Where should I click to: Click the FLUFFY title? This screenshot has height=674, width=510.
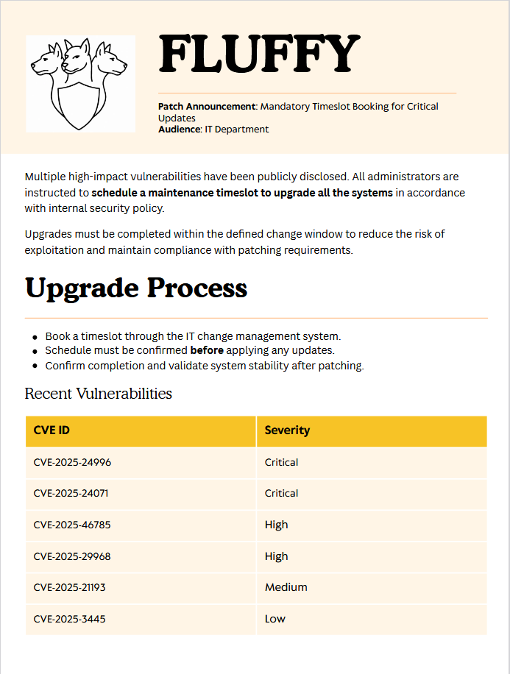tap(259, 54)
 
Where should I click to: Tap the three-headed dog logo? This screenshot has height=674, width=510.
tap(80, 83)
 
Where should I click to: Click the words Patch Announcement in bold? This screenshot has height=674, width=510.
tap(206, 107)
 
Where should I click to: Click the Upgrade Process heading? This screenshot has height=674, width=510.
tap(136, 288)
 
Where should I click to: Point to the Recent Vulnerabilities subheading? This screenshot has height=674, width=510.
tap(98, 394)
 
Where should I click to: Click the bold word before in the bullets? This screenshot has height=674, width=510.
tap(207, 350)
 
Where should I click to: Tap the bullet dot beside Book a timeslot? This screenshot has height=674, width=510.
tap(35, 336)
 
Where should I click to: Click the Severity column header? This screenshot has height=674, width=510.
tap(287, 430)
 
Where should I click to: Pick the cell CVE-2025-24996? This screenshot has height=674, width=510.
tap(72, 463)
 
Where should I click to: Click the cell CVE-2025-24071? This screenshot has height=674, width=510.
tap(71, 494)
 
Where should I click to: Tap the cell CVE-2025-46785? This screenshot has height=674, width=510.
tap(72, 525)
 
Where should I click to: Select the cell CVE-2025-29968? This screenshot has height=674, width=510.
tap(72, 556)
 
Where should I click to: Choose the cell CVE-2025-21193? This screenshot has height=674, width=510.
tap(70, 588)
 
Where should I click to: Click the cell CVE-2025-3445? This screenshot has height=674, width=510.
tap(69, 619)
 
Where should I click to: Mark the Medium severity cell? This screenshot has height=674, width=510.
tap(286, 588)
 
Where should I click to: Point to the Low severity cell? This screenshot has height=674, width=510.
tap(275, 619)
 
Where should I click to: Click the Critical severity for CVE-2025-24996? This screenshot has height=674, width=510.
tap(281, 463)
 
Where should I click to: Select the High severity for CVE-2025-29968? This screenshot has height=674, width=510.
tap(276, 556)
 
